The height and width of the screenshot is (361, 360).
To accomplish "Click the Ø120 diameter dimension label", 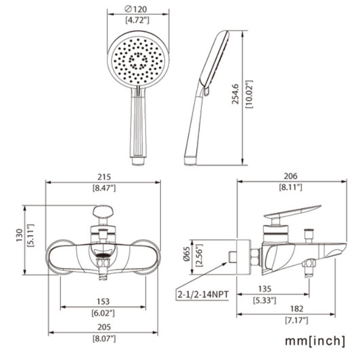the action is pos(136,9).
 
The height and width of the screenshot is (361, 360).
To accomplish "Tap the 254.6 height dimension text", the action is pos(236,94).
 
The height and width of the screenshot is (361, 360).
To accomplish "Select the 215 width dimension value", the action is pos(104,177).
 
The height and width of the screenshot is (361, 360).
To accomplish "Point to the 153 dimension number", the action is pos(103,302).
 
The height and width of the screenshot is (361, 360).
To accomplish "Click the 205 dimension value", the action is pos(104,327).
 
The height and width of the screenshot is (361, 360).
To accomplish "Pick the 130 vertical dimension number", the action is pos(19,235).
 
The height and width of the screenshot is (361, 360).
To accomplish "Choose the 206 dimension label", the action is pos(290,176).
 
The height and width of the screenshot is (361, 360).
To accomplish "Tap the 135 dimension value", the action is pos(265,288).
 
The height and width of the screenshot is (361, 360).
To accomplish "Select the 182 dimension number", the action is pos(296,309).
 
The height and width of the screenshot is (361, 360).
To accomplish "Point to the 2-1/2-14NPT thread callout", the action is pos(203,294).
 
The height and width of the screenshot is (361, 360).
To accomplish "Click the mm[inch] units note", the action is pos(315,341).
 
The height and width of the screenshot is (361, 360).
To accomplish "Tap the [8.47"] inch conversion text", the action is pos(104,188).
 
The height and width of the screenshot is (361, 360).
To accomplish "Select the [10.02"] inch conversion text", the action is pos(249,94).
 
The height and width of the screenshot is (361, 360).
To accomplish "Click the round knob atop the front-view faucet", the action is pos(103,212).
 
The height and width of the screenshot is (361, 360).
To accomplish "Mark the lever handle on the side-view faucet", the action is pos(292,212).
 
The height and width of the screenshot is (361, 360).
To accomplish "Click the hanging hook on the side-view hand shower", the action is pos(206,91).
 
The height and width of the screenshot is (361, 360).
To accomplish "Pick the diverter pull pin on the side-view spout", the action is pos(309,234).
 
